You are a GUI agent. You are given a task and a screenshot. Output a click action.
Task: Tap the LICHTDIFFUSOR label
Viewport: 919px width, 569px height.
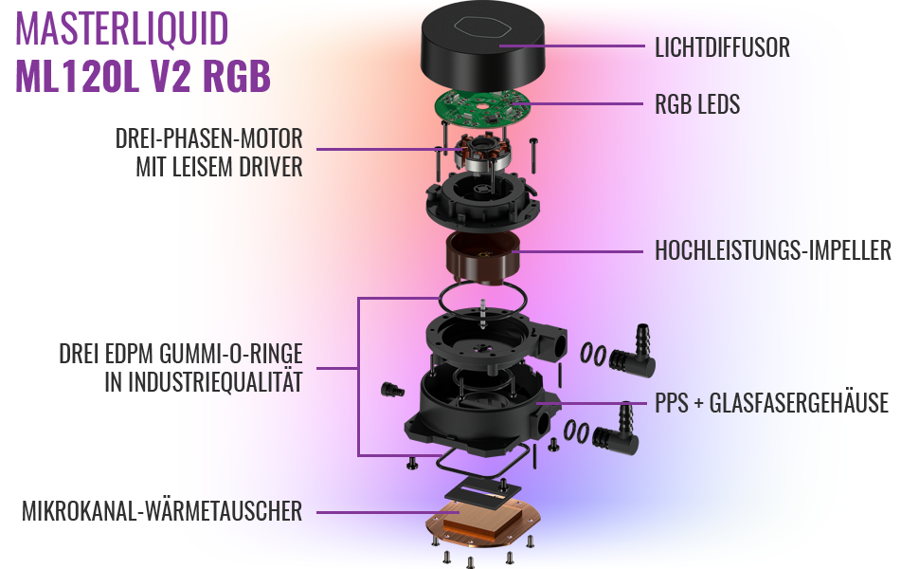722,46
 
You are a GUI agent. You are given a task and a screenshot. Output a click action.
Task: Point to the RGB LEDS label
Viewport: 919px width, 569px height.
697,104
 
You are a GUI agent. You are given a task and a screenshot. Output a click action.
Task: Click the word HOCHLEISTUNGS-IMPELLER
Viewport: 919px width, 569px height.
773,251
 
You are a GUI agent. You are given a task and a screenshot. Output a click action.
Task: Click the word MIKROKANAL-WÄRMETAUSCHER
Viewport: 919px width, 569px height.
162,512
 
